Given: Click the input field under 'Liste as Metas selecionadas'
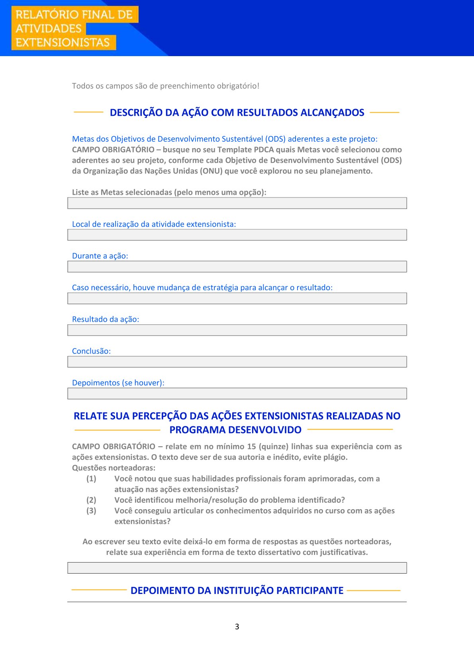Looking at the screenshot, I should (x=237, y=203).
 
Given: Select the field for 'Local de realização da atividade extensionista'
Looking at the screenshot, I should (x=237, y=235).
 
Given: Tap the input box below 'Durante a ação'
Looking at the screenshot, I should (x=237, y=267).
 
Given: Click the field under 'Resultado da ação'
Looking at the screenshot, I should (x=237, y=330).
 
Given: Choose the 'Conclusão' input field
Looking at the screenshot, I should (x=237, y=362).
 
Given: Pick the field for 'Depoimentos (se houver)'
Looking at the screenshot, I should (x=237, y=394).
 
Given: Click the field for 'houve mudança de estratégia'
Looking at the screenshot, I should (x=237, y=299).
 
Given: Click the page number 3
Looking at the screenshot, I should (x=237, y=627).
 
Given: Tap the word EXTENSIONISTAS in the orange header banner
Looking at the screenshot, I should (x=63, y=43).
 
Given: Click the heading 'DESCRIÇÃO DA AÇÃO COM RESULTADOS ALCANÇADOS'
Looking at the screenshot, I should (x=237, y=113).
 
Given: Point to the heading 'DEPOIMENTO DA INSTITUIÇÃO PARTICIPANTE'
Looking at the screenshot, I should (x=237, y=590).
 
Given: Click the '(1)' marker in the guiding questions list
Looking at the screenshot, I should (x=91, y=479).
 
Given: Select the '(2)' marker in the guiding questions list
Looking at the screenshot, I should (x=91, y=500).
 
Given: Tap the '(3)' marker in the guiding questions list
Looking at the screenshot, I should (x=91, y=511).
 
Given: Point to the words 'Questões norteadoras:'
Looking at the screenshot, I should (x=114, y=468).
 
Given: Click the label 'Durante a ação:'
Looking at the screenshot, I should (x=100, y=256).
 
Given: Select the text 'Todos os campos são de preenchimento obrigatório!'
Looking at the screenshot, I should (x=166, y=86).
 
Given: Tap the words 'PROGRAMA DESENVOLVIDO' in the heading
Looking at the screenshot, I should (x=235, y=430).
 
